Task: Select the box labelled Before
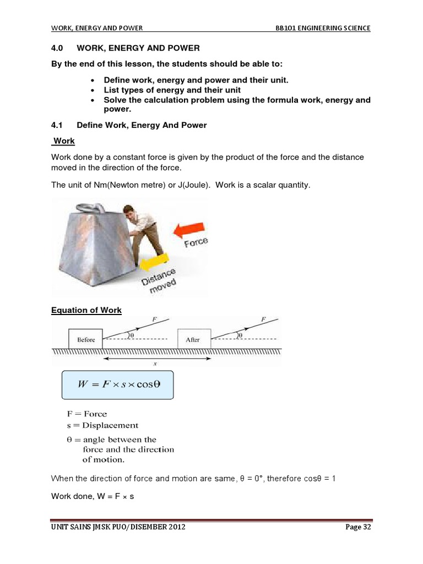point(86,339)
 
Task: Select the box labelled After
point(192,339)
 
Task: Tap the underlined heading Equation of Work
point(86,310)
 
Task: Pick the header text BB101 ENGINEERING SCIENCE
point(323,28)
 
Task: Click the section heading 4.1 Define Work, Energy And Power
point(129,125)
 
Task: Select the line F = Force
point(86,414)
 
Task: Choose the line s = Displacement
point(102,425)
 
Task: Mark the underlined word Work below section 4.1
point(64,141)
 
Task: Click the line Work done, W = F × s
point(93,496)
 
